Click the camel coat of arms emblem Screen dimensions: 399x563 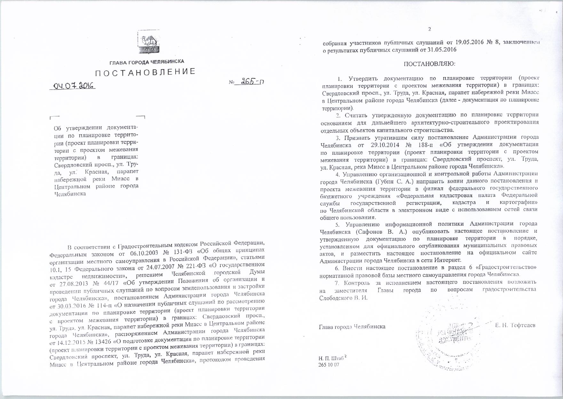click(x=149, y=42)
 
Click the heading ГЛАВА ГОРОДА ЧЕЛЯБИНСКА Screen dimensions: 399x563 click(x=147, y=62)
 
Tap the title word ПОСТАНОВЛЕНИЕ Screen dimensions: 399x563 click(x=146, y=72)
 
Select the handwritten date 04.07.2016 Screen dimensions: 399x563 click(x=73, y=85)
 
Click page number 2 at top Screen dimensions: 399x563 click(x=430, y=29)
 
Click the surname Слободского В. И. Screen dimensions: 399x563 click(x=344, y=298)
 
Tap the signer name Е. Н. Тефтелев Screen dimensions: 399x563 click(x=515, y=325)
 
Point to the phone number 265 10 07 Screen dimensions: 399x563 click(x=329, y=364)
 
